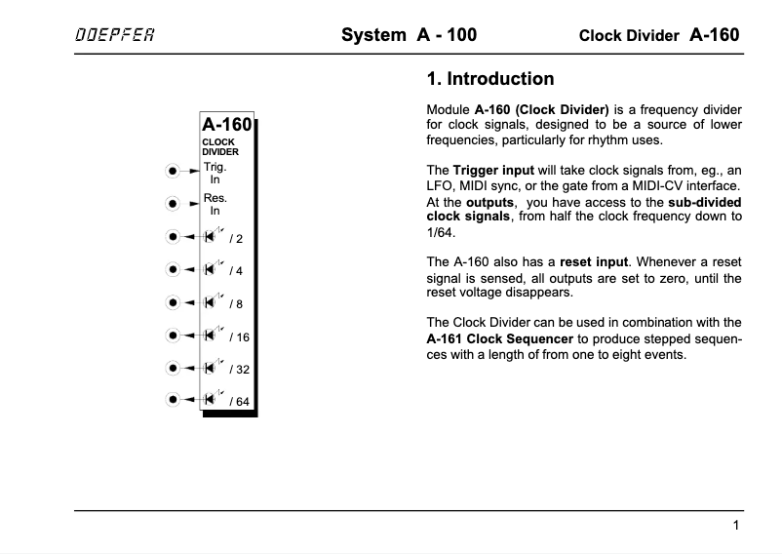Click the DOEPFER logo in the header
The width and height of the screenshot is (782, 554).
114,36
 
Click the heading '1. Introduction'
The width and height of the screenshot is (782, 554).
490,79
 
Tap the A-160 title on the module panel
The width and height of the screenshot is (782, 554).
226,124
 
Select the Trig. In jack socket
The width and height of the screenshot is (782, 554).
173,172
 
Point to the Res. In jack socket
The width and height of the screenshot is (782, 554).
173,204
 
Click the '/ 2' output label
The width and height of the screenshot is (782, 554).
236,238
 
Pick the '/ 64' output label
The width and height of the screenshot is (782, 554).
240,402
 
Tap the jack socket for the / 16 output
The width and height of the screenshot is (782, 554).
173,336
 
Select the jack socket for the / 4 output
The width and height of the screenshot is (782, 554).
173,269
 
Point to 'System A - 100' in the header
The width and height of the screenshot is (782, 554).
409,36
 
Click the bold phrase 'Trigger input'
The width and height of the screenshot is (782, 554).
493,170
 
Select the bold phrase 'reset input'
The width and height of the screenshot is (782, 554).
595,261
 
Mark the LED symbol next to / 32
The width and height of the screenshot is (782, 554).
210,368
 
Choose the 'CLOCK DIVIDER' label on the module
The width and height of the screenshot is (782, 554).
219,147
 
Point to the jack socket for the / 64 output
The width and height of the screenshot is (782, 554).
173,399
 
